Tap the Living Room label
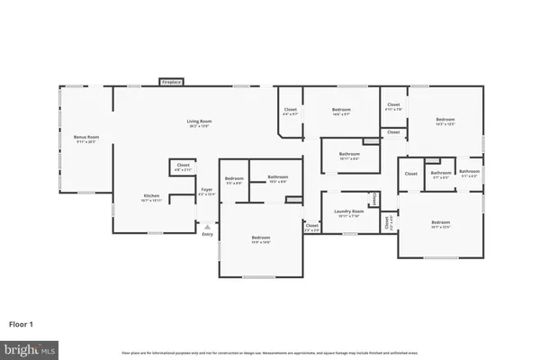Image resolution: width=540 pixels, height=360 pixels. coord(197,122)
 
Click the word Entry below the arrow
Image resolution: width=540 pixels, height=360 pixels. coord(208,236)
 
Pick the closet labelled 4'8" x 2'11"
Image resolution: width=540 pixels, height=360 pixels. coord(183,167)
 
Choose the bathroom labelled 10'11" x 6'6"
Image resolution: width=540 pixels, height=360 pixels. coord(350,156)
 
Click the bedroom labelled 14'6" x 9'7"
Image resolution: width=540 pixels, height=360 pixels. coord(340,112)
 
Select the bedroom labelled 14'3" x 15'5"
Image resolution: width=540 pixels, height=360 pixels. coord(445,121)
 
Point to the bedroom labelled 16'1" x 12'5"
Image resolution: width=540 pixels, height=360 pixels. coord(440,224)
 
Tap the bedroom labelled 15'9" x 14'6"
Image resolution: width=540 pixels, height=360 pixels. coord(260,239)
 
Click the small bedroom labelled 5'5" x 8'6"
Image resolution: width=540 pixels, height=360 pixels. coord(234,181)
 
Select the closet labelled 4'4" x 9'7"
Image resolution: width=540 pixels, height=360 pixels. coord(290,112)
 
